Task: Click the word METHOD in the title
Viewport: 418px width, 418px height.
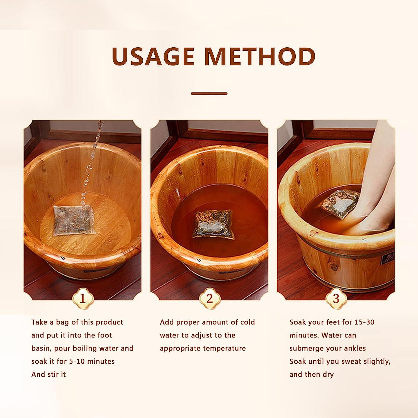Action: point(260,57)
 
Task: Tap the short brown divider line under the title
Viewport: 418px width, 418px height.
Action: point(209,94)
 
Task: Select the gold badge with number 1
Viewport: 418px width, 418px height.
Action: point(83,299)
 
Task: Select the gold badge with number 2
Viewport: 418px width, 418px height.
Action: point(210,299)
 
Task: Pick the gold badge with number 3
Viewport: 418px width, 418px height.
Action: point(336,299)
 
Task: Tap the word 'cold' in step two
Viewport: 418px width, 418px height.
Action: point(247,322)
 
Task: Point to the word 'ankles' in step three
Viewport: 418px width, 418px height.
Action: point(355,348)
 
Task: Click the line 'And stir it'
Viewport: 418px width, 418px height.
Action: point(48,374)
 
